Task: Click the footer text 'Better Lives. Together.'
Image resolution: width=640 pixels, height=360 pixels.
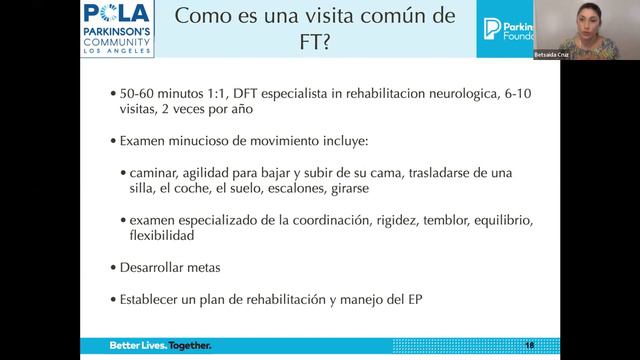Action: click(160, 345)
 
